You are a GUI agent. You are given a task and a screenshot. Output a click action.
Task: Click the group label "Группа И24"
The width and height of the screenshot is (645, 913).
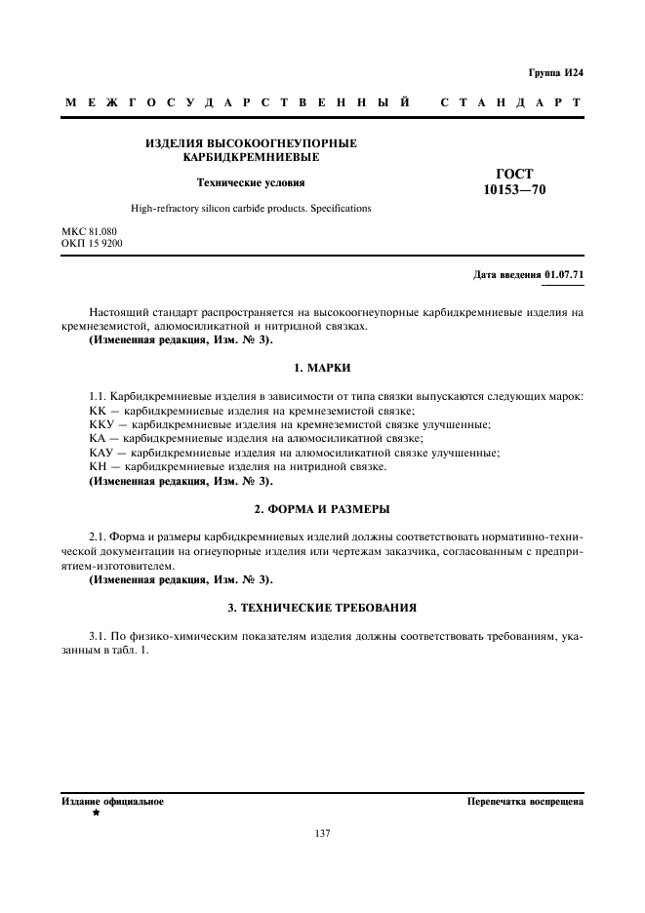[x=555, y=73]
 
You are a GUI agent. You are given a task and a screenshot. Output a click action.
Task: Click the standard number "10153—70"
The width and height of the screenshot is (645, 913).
[x=515, y=190]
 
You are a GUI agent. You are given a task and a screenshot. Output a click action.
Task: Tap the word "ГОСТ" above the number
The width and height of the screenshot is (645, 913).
[x=515, y=174]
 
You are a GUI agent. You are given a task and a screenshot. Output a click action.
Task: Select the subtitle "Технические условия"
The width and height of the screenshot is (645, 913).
[x=251, y=181]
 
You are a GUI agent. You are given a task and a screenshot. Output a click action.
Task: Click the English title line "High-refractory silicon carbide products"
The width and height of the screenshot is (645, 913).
[x=251, y=209]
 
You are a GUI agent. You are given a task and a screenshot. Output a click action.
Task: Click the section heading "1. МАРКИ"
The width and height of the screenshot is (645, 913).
[x=322, y=368]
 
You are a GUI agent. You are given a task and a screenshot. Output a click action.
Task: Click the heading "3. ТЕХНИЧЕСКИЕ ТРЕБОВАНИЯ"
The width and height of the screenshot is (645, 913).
[x=322, y=608]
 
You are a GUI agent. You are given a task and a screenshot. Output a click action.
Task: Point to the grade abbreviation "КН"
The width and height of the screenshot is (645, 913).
[x=99, y=467]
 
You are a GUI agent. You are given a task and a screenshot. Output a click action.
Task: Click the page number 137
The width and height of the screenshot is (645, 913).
[x=323, y=833]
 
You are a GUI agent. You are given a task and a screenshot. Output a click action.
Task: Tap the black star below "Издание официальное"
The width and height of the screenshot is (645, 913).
[x=96, y=813]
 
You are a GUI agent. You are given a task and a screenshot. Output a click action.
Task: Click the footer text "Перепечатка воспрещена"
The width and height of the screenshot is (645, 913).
[x=525, y=802]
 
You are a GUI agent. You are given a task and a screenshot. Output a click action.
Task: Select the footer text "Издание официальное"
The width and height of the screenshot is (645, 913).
[x=112, y=802]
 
